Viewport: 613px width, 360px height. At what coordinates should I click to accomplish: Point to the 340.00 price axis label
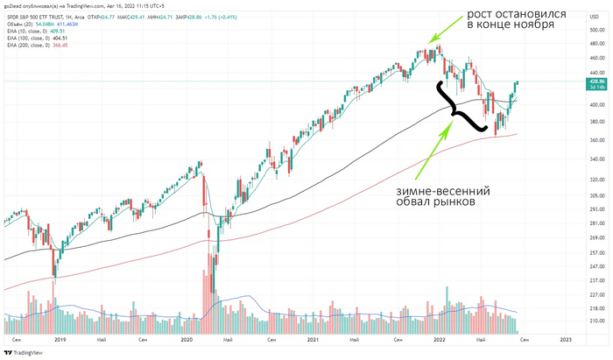(x=598, y=159)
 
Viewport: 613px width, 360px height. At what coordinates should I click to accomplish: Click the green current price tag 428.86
(x=598, y=81)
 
